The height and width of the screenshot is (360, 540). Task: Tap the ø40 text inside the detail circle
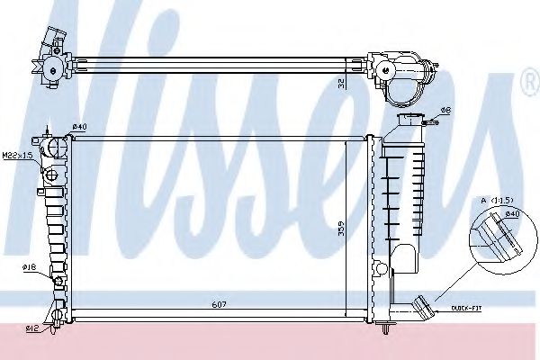(x=511, y=213)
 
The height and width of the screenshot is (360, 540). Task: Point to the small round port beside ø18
(x=58, y=281)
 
